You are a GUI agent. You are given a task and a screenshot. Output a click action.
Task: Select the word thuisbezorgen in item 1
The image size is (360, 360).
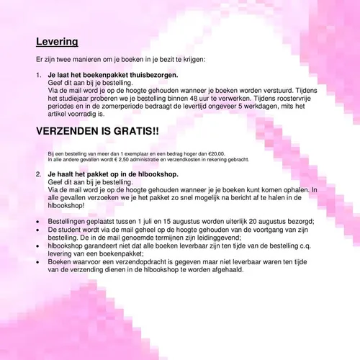153,75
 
